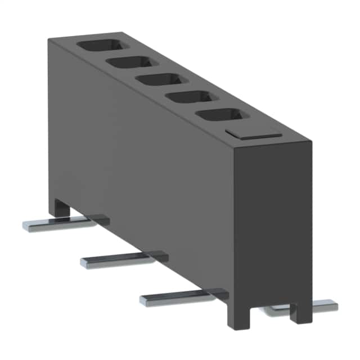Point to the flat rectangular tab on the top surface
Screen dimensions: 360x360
(x=253, y=133)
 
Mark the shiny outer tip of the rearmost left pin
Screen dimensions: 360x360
(x=27, y=226)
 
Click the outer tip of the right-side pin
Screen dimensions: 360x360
(x=333, y=305)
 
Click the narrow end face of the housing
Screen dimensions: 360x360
(x=272, y=219)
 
